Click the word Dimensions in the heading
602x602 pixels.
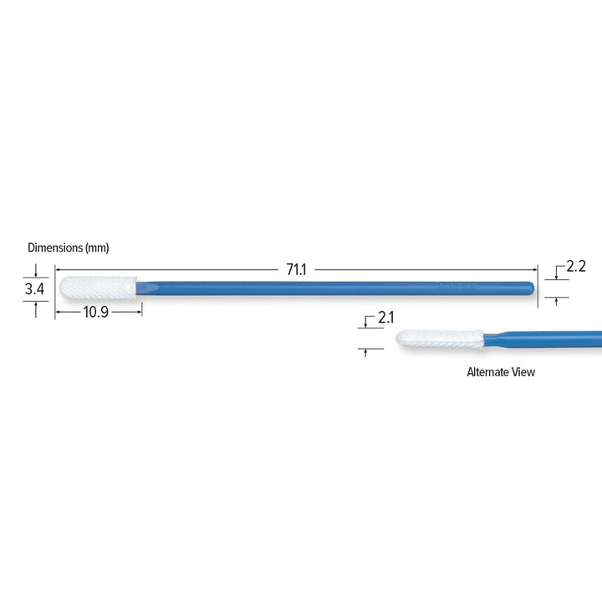click(x=54, y=247)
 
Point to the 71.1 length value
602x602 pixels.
click(x=297, y=269)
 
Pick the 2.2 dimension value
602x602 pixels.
click(x=575, y=268)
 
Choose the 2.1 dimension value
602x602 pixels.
click(x=385, y=318)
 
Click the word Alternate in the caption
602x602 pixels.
click(x=489, y=372)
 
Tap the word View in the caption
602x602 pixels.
click(x=523, y=372)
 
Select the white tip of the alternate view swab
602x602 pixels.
click(x=435, y=339)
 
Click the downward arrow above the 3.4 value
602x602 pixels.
click(x=36, y=271)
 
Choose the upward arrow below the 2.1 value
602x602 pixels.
click(x=366, y=353)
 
